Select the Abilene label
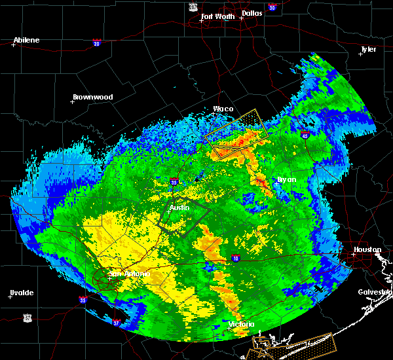pos(27,40)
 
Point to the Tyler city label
pos(369,50)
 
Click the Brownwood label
pos(92,97)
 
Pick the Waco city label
pos(223,109)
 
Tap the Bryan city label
pos(286,179)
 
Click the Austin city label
pos(179,207)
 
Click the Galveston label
pos(374,292)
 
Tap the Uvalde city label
pos(21,293)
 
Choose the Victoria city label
pos(240,324)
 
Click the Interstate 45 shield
pos(305,135)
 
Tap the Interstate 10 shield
pos(235,258)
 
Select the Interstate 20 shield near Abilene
pos(96,43)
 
